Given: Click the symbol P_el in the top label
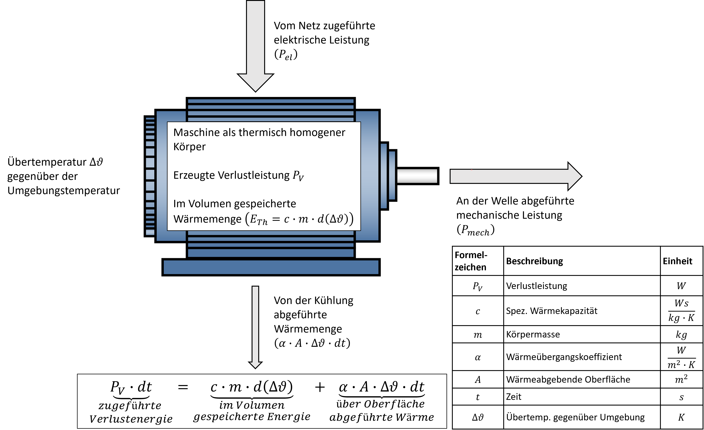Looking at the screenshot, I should pos(286,54).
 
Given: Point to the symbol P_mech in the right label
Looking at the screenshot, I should pos(475,230).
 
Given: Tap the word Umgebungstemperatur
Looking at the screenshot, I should pos(64,190).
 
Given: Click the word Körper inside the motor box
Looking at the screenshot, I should pos(189,147).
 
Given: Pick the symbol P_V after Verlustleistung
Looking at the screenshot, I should pos(298,176).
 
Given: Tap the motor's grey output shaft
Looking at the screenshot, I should pos(417,176).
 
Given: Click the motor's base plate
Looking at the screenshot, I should pos(271,267).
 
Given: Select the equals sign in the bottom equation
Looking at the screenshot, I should pos(183,387).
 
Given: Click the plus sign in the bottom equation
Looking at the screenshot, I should pos(320,387).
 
